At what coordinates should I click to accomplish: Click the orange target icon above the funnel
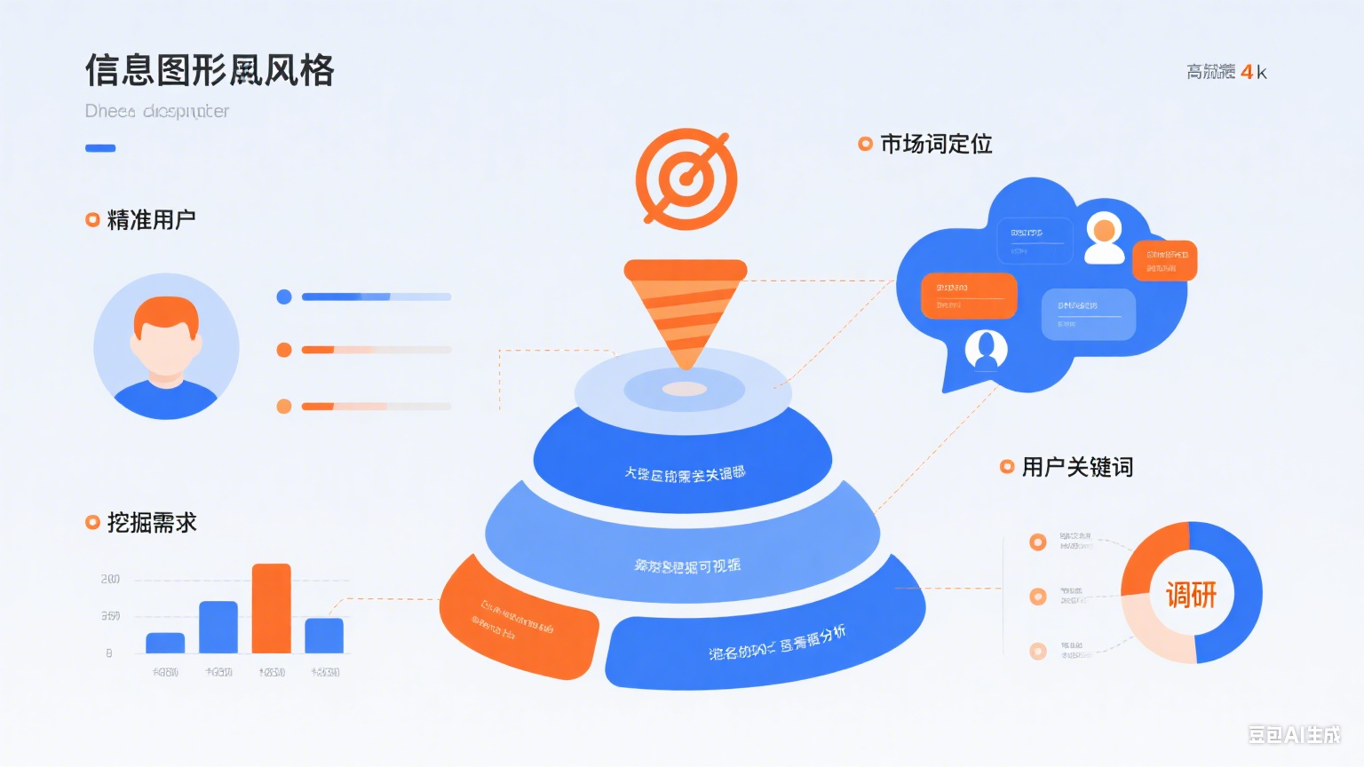686,179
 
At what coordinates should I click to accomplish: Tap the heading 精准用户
151,220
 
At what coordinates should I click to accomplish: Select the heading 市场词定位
936,144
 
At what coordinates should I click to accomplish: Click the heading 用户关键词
1077,467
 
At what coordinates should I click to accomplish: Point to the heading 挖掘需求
152,523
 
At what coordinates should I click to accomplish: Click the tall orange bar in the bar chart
271,608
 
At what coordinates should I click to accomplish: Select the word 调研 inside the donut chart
1191,594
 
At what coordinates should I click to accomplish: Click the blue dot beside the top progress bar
284,297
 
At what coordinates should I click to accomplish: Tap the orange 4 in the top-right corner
1247,72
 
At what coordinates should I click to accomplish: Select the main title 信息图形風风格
210,71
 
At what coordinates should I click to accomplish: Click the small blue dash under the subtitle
100,148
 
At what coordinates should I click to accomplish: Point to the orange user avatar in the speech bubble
1104,237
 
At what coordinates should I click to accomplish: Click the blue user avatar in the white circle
986,350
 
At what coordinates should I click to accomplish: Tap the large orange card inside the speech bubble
969,296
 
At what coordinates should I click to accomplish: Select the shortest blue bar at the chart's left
165,643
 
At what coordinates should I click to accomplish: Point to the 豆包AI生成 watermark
1294,734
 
